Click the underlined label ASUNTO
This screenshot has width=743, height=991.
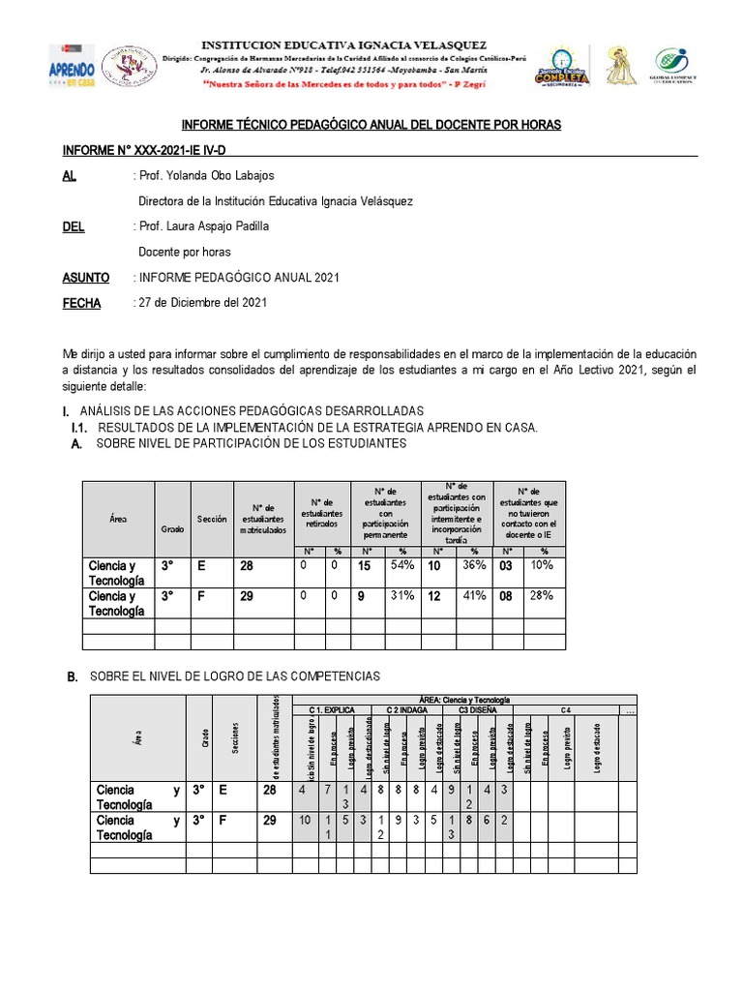pos(86,277)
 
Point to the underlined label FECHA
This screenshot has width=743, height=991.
pos(81,303)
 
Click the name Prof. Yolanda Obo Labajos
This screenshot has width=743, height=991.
pos(207,176)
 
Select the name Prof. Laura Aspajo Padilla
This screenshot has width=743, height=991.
pos(204,226)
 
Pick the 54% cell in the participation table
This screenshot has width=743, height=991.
pos(401,566)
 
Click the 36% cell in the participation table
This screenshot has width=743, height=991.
pos(475,566)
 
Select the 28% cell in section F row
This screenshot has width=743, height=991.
pos(542,596)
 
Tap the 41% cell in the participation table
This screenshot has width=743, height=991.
pos(475,597)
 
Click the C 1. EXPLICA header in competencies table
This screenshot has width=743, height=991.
pos(333,709)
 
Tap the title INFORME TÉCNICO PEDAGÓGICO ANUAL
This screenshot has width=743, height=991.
pos(371,126)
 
